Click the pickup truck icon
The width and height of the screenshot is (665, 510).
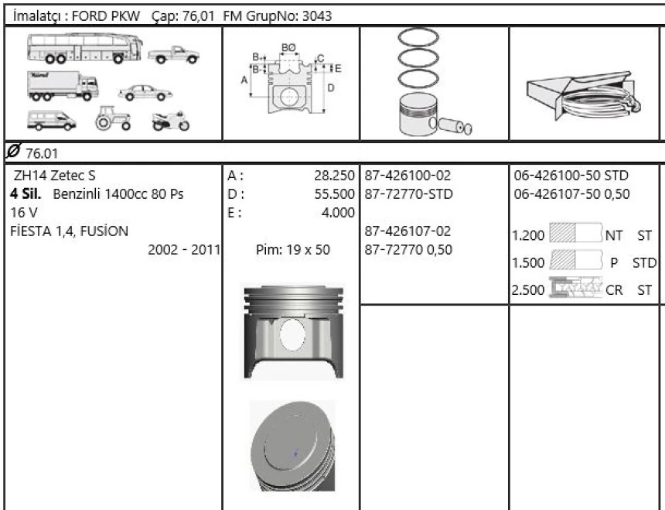click(172, 56)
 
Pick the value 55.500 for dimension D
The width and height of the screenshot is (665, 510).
click(332, 192)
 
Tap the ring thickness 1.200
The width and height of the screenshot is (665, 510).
click(529, 235)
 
